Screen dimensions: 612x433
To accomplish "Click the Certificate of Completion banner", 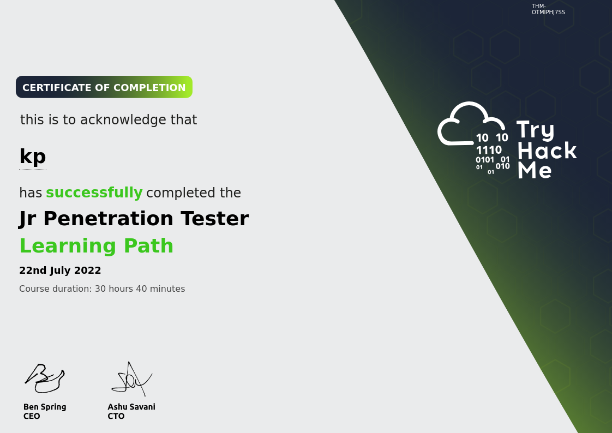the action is tap(104, 87).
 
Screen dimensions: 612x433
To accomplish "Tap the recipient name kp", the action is tap(33, 157).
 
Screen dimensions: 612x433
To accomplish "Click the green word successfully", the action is tap(94, 193).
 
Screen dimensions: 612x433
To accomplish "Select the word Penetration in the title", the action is tap(108, 218).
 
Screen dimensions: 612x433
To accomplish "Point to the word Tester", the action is tap(215, 218).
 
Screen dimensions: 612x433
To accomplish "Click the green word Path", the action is tap(148, 246).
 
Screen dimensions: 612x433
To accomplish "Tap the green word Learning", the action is tap(68, 246).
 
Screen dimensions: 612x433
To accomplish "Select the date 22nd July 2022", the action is tap(60, 270).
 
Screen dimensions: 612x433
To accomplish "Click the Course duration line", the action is tap(102, 288).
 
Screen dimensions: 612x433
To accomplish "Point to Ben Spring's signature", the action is tap(45, 378).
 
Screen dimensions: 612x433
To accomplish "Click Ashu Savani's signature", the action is tap(132, 379).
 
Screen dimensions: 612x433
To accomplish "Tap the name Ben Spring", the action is tap(45, 407).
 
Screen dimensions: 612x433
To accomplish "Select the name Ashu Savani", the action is tap(131, 407).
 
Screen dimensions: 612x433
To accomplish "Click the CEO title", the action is tap(32, 416).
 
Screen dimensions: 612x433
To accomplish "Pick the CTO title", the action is tap(116, 416).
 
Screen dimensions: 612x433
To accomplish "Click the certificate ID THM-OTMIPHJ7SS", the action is tap(548, 9).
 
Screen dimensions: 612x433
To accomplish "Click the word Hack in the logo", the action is tap(547, 151).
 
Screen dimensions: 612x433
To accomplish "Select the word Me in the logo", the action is tap(535, 171).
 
